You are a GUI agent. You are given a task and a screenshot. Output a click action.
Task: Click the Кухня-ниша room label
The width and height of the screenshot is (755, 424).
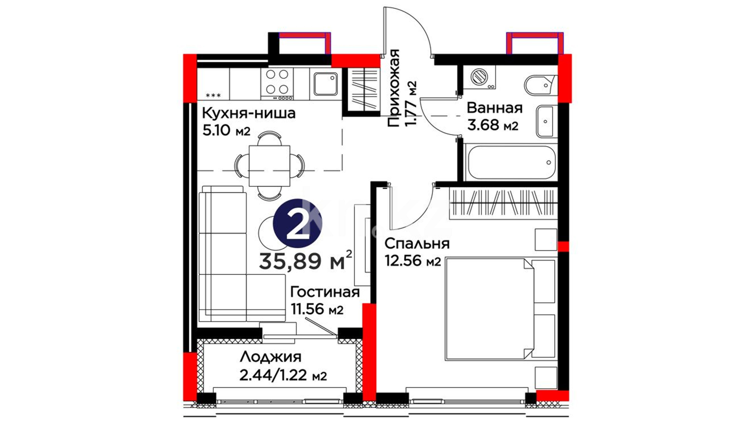[249, 113]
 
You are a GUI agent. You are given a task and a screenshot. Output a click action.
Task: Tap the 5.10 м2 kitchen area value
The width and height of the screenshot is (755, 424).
[226, 130]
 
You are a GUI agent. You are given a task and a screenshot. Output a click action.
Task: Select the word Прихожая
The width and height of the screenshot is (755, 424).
[393, 88]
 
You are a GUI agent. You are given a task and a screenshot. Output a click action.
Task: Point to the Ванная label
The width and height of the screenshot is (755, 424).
[495, 108]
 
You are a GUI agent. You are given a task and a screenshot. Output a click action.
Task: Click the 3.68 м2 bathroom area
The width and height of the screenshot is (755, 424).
[492, 125]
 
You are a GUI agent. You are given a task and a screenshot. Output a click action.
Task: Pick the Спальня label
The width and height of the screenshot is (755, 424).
[417, 244]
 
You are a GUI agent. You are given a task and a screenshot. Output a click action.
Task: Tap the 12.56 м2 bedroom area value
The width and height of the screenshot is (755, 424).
[412, 261]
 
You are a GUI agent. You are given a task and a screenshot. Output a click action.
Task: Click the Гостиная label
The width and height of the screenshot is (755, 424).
[325, 292]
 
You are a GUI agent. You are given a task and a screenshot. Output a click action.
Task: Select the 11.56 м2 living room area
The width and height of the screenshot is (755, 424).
[317, 309]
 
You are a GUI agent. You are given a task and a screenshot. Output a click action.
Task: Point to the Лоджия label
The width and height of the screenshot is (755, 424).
[271, 358]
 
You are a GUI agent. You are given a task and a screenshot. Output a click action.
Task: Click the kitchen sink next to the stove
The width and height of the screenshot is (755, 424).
[326, 84]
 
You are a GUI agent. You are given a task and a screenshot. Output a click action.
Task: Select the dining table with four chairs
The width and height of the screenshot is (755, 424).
[269, 166]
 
